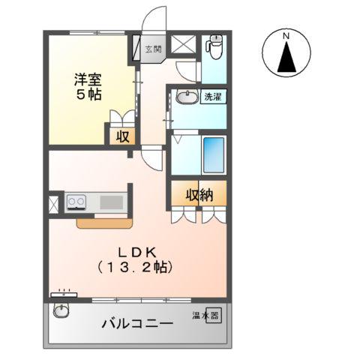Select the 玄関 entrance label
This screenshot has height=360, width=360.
pos(152,49)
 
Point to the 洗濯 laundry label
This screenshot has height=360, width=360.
pos(212,97)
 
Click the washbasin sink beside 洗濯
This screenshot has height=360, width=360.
pos(184,97)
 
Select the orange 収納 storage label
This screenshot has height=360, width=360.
pos(197,195)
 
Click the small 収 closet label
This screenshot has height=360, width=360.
pos(120,136)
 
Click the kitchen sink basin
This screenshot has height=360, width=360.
pos(110,202)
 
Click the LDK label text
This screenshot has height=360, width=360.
pos(135,252)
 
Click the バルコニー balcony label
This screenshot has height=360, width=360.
pos(137,323)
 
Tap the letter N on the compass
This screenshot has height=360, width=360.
pos(286,35)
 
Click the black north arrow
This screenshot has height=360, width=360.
pos(286,58)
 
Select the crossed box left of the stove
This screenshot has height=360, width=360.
pos(54,202)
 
